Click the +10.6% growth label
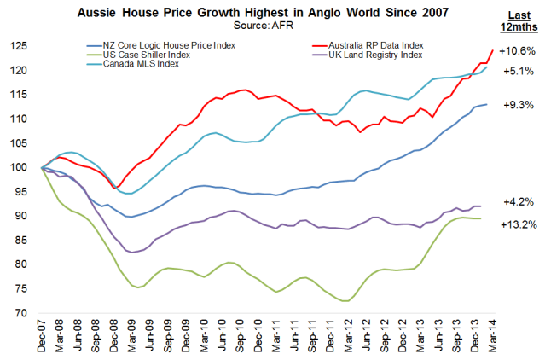coord(519,50)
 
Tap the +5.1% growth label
coord(519,71)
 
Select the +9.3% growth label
coord(519,104)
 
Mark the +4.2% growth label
coord(519,203)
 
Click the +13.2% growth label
coord(519,225)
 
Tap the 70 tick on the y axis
coord(20,313)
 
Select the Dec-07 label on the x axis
coord(40,338)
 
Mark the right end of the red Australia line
coord(492,50)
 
